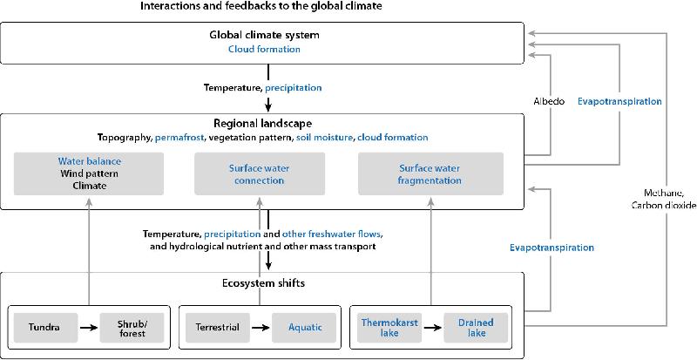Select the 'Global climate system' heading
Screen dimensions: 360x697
point(264,35)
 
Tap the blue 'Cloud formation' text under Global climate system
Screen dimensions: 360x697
point(264,50)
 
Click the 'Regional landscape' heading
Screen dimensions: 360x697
point(263,124)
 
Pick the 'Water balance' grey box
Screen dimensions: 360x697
point(89,173)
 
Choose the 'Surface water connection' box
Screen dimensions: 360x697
point(259,173)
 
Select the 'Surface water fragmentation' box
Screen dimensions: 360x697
point(430,173)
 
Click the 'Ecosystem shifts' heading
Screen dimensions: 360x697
point(263,283)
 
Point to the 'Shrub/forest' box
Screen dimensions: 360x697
point(132,327)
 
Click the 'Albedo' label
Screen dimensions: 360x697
point(550,101)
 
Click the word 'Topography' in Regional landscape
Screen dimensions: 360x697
point(124,138)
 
